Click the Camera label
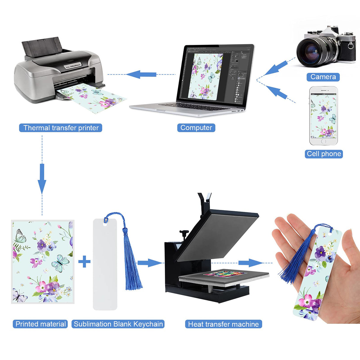coord(323,77)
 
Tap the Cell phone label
coord(324,154)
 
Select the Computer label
coord(196,128)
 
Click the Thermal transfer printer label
coord(61,128)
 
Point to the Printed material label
coord(40,324)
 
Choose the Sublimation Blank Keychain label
coord(118,324)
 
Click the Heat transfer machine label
coord(223,324)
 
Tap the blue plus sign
coord(84,262)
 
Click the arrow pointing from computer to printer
coord(141,74)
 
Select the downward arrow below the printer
coord(42,179)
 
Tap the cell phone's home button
coord(324,141)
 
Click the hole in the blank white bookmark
coord(105,224)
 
